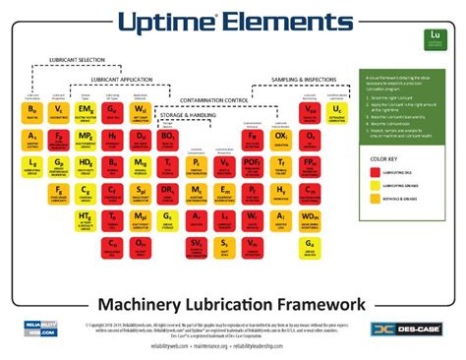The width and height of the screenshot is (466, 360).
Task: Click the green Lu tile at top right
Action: coord(435,39)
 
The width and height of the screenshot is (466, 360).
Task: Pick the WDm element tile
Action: coord(311,214)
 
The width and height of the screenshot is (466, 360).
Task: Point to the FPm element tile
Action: coord(311,161)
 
